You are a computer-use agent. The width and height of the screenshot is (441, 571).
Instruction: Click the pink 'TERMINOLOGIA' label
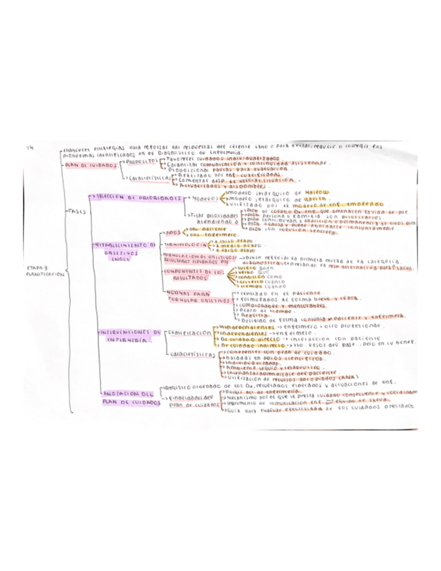[186, 244]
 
